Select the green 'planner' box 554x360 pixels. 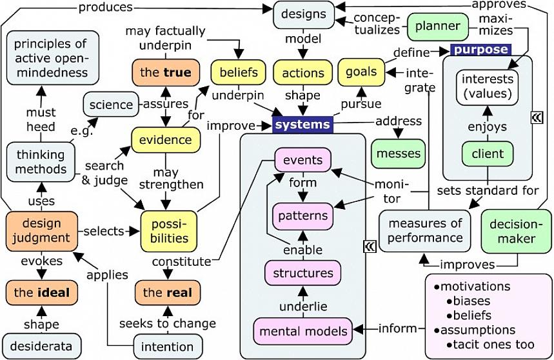pyautogui.click(x=437, y=26)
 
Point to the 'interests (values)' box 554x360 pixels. pyautogui.click(x=488, y=87)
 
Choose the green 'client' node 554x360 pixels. pyautogui.click(x=488, y=154)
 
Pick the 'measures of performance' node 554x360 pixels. pyautogui.click(x=425, y=230)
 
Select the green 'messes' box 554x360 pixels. pyautogui.click(x=399, y=154)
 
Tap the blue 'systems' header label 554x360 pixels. pyautogui.click(x=302, y=125)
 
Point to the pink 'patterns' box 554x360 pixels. pyautogui.click(x=302, y=215)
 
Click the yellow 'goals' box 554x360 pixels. pyautogui.click(x=361, y=72)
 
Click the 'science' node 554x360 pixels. pyautogui.click(x=111, y=105)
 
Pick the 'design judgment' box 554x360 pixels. pyautogui.click(x=41, y=231)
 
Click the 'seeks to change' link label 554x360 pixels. pyautogui.click(x=168, y=323)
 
